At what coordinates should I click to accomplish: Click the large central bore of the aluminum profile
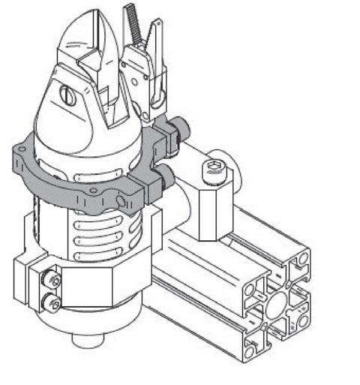pyautogui.click(x=278, y=305)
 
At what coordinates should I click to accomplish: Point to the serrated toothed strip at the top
pyautogui.click(x=133, y=23)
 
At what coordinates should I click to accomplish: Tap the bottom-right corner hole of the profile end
pyautogui.click(x=303, y=320)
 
